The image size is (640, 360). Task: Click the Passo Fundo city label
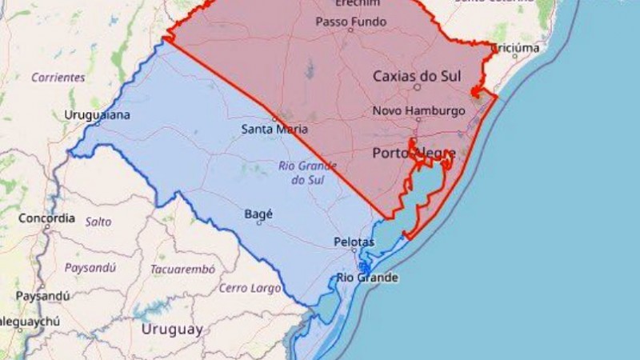click(350, 22)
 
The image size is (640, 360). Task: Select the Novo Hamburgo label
click(418, 110)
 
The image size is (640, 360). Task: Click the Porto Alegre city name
click(414, 153)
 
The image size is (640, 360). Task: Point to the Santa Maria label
click(274, 129)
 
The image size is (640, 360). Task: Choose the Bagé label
click(258, 214)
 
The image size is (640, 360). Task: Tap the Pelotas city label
click(354, 242)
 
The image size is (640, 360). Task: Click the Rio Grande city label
click(366, 278)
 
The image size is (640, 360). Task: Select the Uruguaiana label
click(97, 115)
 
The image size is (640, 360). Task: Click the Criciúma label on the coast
click(514, 48)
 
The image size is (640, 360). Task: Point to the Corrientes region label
click(58, 78)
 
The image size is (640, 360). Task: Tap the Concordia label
click(46, 218)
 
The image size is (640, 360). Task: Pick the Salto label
click(98, 222)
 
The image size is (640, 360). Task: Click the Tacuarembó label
click(182, 269)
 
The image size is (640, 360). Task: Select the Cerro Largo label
click(250, 288)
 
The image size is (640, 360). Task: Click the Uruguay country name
click(172, 329)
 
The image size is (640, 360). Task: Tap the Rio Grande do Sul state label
click(297, 173)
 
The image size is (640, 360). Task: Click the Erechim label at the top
click(352, 3)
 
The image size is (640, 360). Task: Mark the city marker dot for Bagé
click(258, 223)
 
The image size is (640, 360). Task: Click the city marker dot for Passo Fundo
click(350, 30)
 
